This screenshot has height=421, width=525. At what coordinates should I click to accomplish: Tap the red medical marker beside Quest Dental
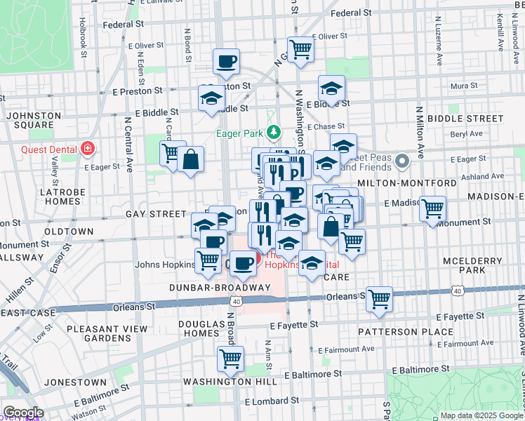[x=87, y=149]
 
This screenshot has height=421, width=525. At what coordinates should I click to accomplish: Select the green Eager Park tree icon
[x=277, y=131]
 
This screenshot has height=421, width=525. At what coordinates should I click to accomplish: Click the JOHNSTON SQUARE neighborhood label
[x=29, y=120]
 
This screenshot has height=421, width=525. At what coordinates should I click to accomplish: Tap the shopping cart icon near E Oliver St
[x=300, y=49]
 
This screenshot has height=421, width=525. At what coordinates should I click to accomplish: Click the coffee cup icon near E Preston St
[x=226, y=61]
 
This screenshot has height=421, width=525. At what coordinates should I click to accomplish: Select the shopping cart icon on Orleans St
[x=379, y=299]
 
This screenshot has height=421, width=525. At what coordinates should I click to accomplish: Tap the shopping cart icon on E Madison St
[x=433, y=208]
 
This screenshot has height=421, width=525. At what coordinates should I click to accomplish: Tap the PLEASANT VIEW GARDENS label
[x=107, y=333]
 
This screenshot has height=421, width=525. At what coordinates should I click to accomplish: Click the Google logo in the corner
[x=23, y=413]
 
